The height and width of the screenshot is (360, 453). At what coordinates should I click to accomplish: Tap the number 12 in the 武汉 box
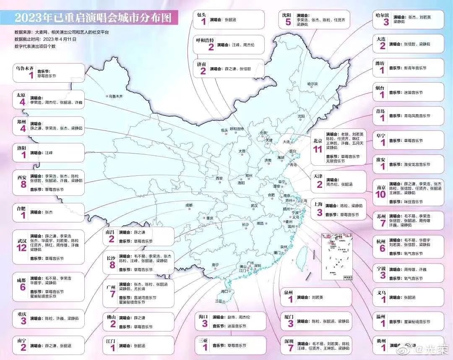click(x=22, y=248)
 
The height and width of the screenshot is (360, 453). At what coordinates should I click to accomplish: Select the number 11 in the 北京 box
click(x=317, y=149)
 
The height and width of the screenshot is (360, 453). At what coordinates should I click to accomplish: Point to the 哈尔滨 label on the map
click(x=312, y=84)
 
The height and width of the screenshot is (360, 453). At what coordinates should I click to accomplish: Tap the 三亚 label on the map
click(x=219, y=301)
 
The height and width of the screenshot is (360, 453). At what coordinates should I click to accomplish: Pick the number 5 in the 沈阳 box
click(x=288, y=22)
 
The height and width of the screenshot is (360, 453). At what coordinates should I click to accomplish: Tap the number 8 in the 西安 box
click(x=22, y=185)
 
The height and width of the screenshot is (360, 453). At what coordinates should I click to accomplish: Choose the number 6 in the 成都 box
click(x=22, y=287)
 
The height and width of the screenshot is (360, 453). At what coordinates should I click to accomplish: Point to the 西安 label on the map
click(x=219, y=178)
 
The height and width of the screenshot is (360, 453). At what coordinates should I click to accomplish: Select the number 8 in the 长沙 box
click(x=111, y=265)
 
